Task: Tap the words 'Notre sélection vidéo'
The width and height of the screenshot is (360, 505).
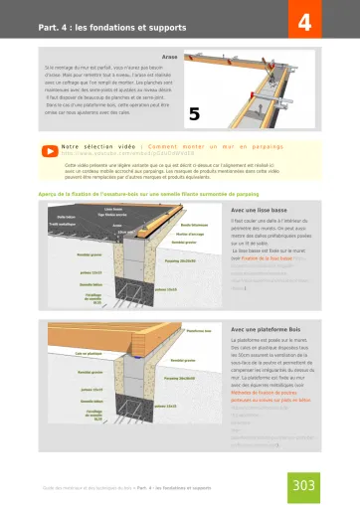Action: (97, 147)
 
